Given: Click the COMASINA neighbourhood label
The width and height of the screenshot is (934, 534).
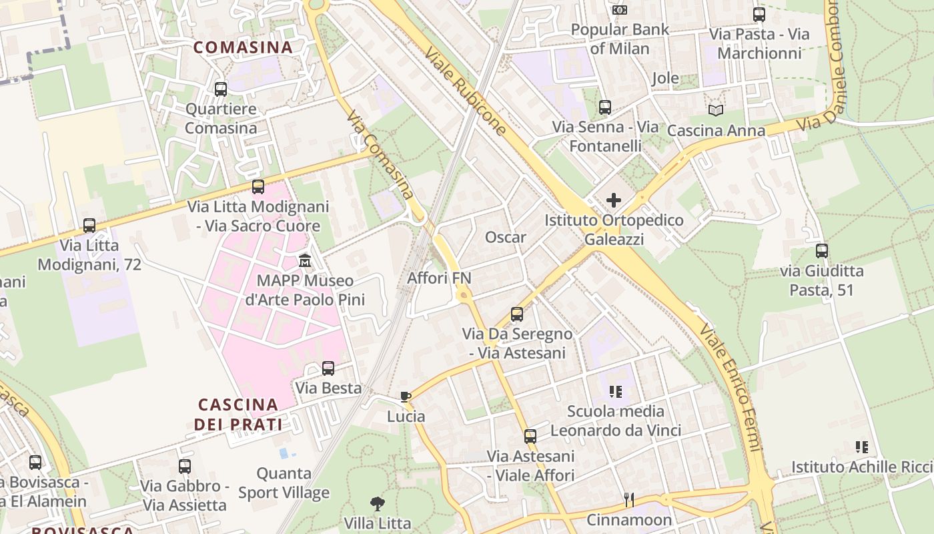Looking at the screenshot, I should click(243, 47).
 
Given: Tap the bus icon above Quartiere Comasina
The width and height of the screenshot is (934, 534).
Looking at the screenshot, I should click(221, 89).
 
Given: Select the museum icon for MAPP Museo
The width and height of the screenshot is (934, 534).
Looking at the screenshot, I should click(305, 260).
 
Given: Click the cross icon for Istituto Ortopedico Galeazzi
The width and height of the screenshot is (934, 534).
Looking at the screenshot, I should click(614, 200).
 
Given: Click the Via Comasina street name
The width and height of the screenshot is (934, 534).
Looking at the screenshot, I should click(380, 154).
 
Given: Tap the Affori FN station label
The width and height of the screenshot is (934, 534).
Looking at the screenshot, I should click(439, 278).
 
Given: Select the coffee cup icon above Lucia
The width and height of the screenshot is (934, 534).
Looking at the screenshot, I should click(406, 397).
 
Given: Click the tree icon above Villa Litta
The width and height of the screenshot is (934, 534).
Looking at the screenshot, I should click(377, 503).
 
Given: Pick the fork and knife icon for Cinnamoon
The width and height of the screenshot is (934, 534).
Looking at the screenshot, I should click(628, 499).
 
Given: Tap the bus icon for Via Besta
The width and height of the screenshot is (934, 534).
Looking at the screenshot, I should click(328, 368).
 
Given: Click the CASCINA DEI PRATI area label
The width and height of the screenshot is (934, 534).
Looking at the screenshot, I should click(238, 414).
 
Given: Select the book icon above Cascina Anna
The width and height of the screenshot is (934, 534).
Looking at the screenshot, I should click(716, 110).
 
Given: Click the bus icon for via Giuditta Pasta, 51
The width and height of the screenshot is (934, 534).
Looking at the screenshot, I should click(822, 251).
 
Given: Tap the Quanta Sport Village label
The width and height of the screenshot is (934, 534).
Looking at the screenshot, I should click(284, 483).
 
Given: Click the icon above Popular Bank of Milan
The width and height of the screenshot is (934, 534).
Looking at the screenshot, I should click(620, 10).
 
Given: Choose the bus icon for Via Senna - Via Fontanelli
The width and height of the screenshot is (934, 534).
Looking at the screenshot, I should click(605, 107).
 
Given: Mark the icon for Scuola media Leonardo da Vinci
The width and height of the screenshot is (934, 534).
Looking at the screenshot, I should click(616, 392).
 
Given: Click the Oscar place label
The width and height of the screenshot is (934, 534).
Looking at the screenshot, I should click(505, 238).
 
